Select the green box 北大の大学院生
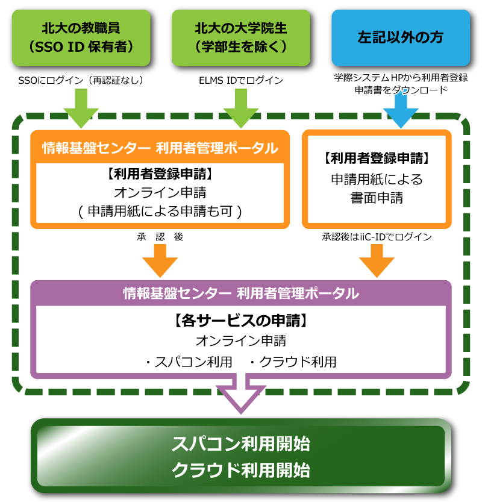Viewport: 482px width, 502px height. click(241, 37)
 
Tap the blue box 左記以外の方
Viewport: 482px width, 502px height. click(400, 37)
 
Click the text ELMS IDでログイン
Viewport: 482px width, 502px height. click(241, 81)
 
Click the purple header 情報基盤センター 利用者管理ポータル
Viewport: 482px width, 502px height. click(241, 293)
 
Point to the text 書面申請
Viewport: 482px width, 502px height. click(377, 198)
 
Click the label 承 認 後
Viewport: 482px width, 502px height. click(160, 237)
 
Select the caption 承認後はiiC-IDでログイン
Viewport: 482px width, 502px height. click(377, 237)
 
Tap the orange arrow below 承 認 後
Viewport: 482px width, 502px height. click(160, 260)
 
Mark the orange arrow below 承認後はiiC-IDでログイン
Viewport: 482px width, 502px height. click(377, 260)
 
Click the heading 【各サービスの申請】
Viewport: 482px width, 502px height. click(241, 321)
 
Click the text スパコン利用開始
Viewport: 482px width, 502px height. click(241, 444)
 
